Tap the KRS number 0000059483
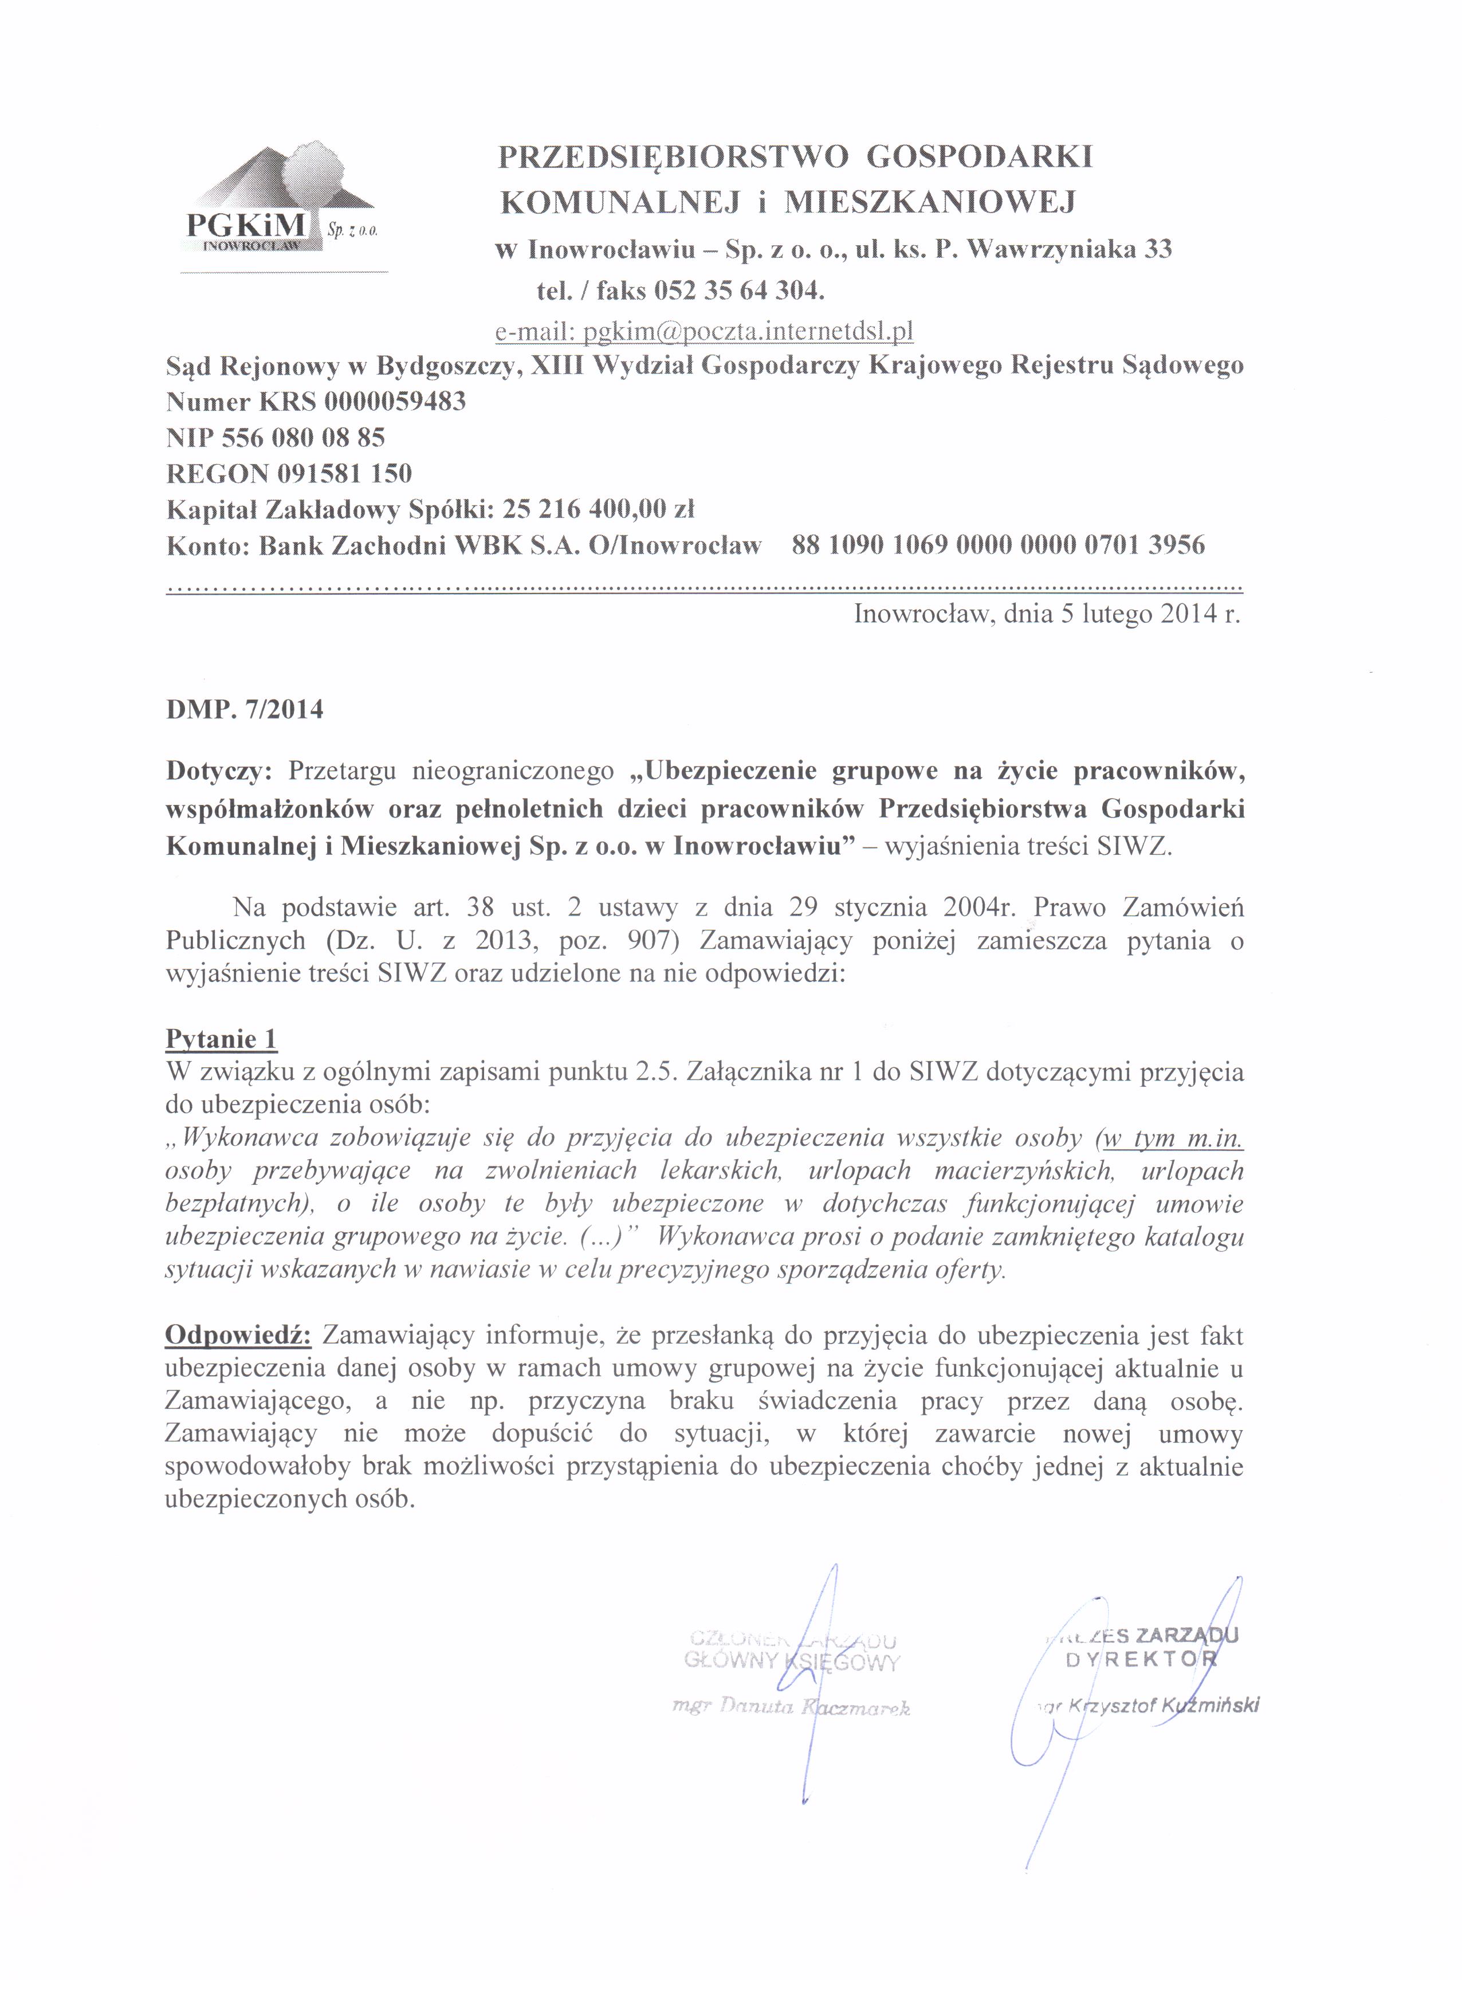(x=395, y=402)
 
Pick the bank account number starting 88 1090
(x=999, y=544)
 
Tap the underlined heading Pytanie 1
(x=222, y=1038)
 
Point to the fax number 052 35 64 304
(x=738, y=290)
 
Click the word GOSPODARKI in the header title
(x=979, y=157)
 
